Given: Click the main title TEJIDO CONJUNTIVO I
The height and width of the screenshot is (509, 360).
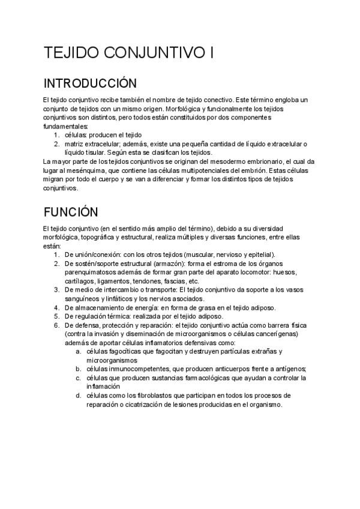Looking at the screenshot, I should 128,53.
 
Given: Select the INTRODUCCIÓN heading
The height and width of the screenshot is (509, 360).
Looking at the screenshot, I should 90,82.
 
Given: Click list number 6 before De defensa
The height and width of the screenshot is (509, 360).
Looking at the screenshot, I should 56,325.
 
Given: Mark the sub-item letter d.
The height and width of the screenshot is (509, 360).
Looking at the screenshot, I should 78,396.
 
